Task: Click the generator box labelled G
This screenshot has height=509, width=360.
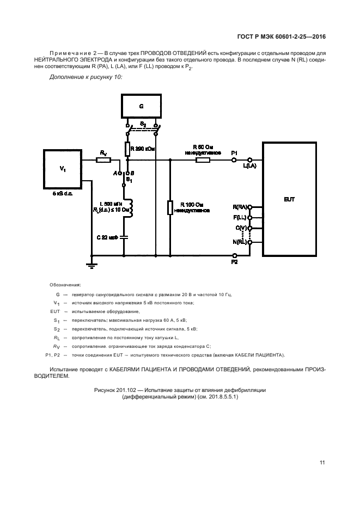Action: point(141,107)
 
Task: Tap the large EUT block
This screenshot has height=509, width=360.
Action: point(289,199)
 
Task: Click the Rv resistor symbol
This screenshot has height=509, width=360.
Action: point(103,160)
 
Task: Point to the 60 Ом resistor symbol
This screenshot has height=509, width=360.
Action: point(203,160)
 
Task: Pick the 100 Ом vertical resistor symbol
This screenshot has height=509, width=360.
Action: point(169,207)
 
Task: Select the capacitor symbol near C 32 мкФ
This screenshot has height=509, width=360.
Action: point(124,237)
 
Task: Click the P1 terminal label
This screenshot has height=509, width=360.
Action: point(234,152)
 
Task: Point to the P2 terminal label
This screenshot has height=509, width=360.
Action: point(234,262)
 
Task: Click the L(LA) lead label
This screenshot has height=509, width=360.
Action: point(249,165)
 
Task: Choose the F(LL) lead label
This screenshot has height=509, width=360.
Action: point(240,217)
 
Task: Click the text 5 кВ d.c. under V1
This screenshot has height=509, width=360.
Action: point(62,193)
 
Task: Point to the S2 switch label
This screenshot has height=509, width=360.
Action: point(143,125)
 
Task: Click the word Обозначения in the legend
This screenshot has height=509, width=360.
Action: point(65,285)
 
